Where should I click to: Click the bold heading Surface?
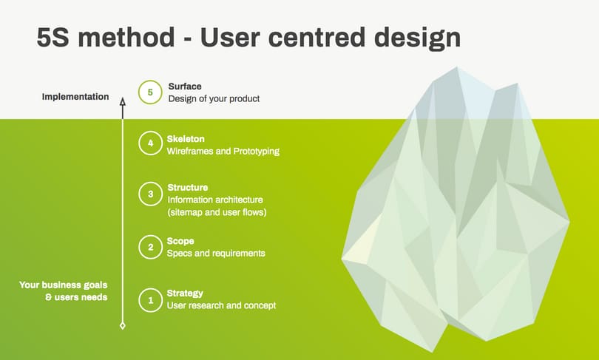click(185, 86)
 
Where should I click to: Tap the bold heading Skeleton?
click(186, 139)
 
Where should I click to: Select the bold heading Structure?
click(188, 188)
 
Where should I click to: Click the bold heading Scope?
click(180, 241)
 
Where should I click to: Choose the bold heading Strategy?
click(185, 293)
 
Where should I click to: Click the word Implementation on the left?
click(75, 97)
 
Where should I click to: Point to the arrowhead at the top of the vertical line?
click(123, 101)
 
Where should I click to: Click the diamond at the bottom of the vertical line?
click(123, 326)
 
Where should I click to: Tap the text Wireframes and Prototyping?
click(223, 152)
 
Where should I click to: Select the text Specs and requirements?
click(216, 253)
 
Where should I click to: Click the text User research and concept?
click(221, 305)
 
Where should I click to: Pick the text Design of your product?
click(214, 98)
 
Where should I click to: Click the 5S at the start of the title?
click(53, 38)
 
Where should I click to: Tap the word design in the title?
click(418, 38)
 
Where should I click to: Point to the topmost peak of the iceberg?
click(457, 67)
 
